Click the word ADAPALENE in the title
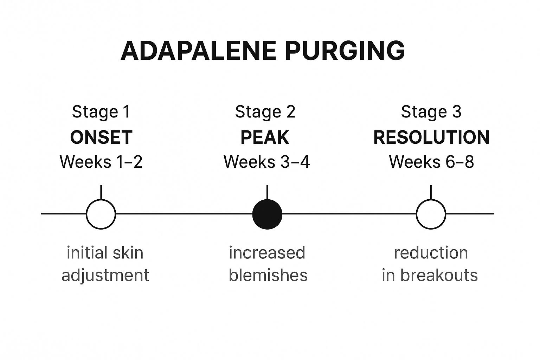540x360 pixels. click(198, 51)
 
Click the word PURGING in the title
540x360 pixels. click(345, 51)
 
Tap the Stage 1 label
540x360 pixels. click(101, 112)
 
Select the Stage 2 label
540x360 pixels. click(265, 112)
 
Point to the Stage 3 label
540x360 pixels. click(431, 112)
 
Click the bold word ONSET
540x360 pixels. click(101, 137)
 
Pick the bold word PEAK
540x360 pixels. click(265, 137)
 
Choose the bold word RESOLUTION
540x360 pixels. click(431, 137)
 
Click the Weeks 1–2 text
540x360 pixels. click(101, 162)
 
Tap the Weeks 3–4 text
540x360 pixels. click(266, 162)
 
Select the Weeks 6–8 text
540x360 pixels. click(431, 162)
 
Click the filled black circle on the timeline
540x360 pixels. click(267, 214)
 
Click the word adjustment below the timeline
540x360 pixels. click(105, 276)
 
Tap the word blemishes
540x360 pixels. click(268, 275)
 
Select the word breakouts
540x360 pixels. click(439, 275)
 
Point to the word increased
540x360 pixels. click(267, 253)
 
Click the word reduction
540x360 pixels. click(431, 253)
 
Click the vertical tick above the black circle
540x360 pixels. click(267, 192)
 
